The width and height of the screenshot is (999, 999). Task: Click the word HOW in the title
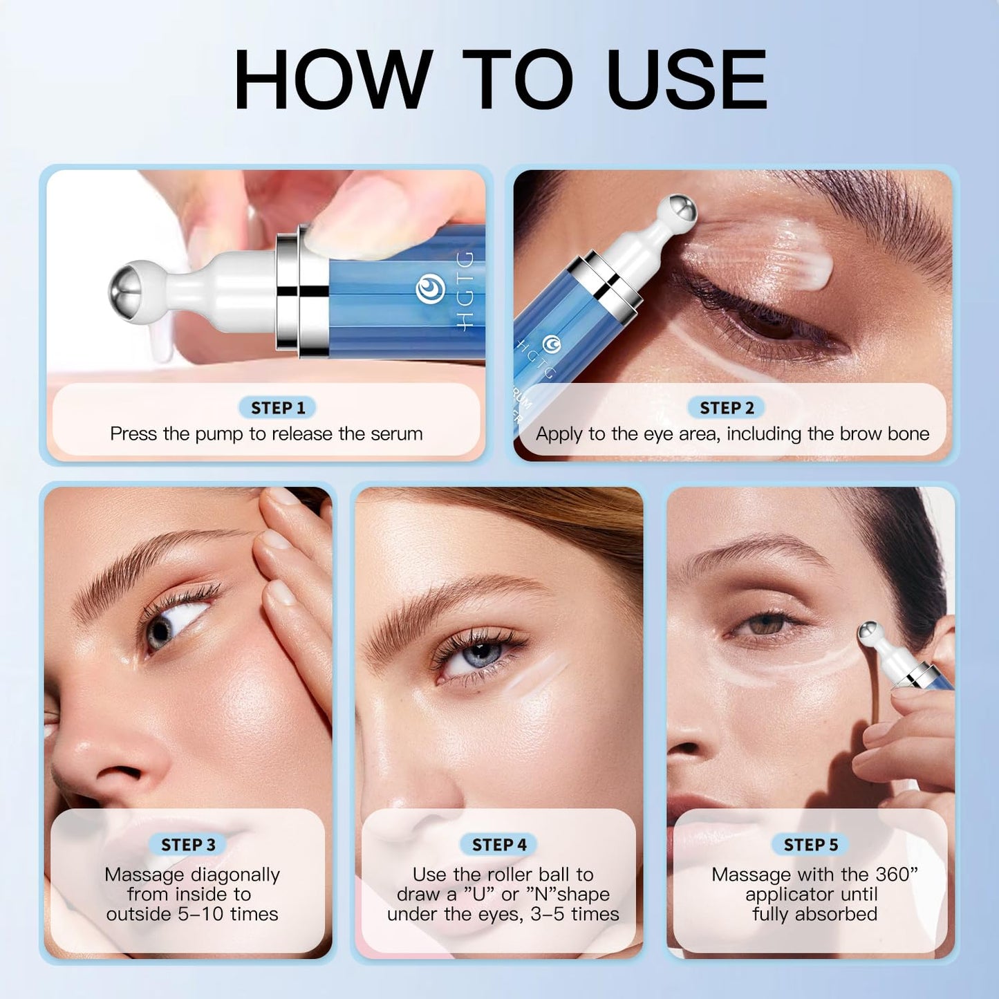(x=333, y=80)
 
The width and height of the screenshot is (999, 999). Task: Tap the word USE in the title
(x=686, y=80)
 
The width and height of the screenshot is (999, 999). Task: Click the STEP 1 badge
(x=277, y=408)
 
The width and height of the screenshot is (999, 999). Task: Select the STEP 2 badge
(x=726, y=408)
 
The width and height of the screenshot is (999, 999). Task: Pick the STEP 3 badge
(x=188, y=844)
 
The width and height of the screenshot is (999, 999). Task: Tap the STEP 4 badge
(x=499, y=844)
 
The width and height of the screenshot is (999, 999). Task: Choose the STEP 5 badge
(x=810, y=844)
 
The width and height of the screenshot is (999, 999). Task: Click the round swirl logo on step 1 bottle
(x=430, y=290)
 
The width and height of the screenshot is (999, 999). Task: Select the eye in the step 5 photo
(x=766, y=625)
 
